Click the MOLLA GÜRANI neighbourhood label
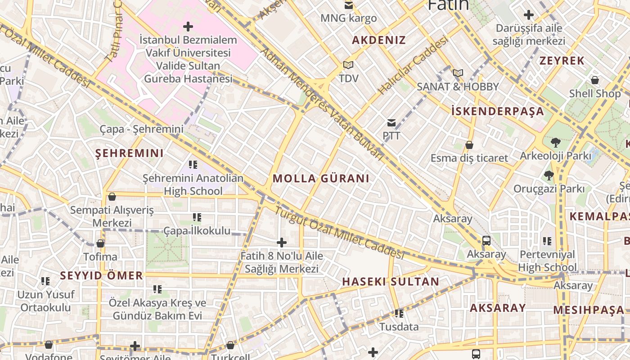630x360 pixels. (x=321, y=179)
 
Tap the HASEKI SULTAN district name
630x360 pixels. (x=391, y=282)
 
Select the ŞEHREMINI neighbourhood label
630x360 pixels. (x=130, y=153)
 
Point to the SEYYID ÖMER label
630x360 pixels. (x=101, y=275)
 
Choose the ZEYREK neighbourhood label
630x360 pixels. (x=562, y=61)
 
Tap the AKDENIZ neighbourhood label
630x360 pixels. (x=379, y=40)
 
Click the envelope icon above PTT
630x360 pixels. (x=391, y=123)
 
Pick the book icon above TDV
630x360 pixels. (x=348, y=65)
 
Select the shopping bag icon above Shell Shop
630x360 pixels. (x=595, y=81)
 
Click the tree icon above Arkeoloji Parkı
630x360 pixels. (x=555, y=143)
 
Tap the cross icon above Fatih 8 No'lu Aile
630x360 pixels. (x=282, y=243)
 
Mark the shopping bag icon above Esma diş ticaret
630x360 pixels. (x=469, y=145)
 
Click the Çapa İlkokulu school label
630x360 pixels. (x=197, y=231)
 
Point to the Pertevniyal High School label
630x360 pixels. (x=547, y=261)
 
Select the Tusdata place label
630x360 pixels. (x=399, y=327)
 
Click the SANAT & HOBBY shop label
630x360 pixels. (x=458, y=87)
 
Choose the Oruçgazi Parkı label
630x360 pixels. (x=549, y=189)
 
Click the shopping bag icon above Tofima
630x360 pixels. (x=100, y=243)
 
